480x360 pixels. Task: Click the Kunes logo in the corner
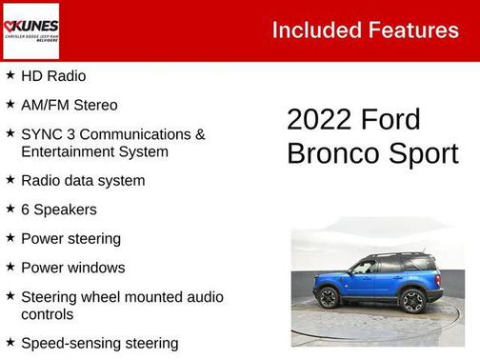click(x=30, y=30)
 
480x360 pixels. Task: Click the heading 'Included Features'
click(x=365, y=30)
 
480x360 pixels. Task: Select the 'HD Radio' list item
click(x=52, y=75)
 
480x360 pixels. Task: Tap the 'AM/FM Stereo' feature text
click(x=69, y=105)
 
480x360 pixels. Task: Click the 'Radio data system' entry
click(x=83, y=180)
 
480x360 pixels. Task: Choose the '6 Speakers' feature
click(x=58, y=210)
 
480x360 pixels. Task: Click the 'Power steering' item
click(x=70, y=239)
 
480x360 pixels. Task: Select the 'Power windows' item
click(x=72, y=268)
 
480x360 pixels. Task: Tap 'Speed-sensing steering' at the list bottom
click(x=99, y=343)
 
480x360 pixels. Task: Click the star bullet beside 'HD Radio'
click(x=10, y=74)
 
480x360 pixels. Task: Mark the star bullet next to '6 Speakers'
click(x=10, y=209)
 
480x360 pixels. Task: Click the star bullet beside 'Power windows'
click(x=10, y=267)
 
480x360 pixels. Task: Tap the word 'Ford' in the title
click(x=390, y=120)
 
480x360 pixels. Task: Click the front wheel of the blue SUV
click(x=329, y=298)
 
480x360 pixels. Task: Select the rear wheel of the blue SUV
click(x=412, y=300)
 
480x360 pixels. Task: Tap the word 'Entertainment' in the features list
click(x=67, y=151)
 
